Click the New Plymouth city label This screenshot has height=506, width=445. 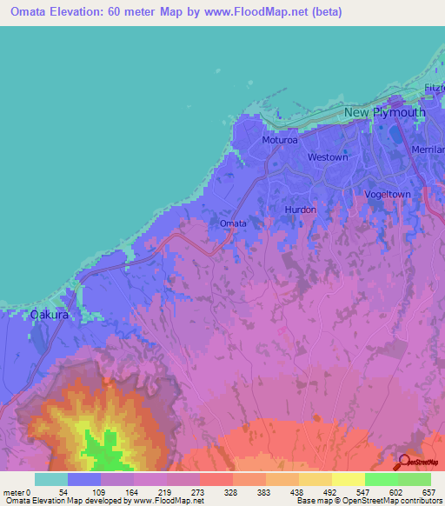[384, 113]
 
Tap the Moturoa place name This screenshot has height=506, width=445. [281, 140]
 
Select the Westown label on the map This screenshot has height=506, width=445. [328, 157]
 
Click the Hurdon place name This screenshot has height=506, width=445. [300, 210]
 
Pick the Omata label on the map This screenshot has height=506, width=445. [233, 223]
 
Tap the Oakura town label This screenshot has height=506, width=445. [50, 314]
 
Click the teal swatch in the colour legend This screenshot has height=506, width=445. [51, 479]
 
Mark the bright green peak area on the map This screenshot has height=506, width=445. [106, 448]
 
